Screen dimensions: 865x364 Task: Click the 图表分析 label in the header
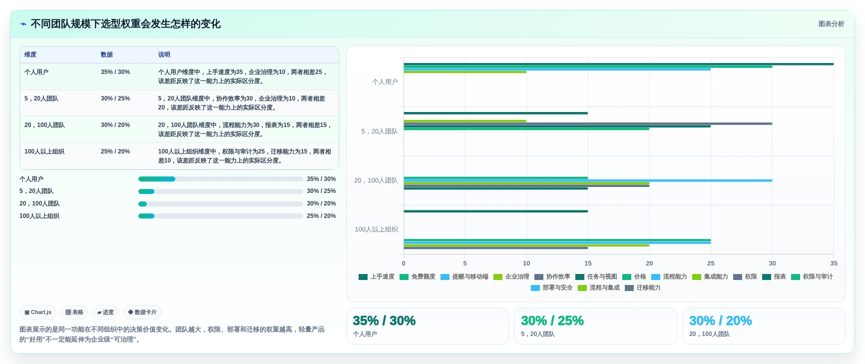(x=831, y=24)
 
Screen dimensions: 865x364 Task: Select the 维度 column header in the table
(x=30, y=54)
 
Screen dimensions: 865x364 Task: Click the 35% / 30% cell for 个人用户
(x=115, y=72)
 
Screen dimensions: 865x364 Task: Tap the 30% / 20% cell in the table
(x=115, y=125)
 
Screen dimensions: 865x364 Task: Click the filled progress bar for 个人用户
(x=157, y=179)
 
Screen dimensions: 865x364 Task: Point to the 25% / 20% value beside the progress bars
(x=321, y=216)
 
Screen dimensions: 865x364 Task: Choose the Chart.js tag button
(x=38, y=312)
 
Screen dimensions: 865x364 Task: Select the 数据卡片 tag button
(x=142, y=312)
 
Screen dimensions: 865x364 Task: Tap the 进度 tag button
(x=105, y=312)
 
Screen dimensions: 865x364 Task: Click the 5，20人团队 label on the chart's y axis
(x=380, y=131)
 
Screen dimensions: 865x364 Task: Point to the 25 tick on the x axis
(x=711, y=263)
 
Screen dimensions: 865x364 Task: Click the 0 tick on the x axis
(x=404, y=263)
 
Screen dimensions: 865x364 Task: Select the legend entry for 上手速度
(x=377, y=276)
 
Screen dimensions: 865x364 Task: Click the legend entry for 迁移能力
(x=643, y=287)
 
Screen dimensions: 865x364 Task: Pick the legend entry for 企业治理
(x=511, y=276)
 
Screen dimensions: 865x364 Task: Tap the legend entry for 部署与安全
(x=552, y=287)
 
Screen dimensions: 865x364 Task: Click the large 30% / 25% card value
(x=552, y=320)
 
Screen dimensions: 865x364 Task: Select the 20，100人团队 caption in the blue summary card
(x=710, y=334)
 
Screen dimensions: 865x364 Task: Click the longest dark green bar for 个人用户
(x=619, y=64)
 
